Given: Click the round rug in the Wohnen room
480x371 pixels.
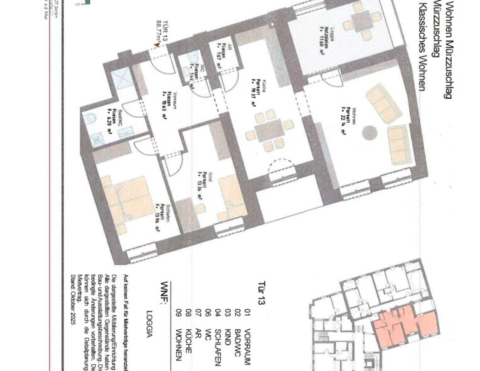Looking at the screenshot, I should point(369,133).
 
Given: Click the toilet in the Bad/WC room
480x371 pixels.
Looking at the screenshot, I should point(90,119).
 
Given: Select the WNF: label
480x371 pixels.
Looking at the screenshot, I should point(164,293).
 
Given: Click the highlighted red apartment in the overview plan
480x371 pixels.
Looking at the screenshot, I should point(403,325).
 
